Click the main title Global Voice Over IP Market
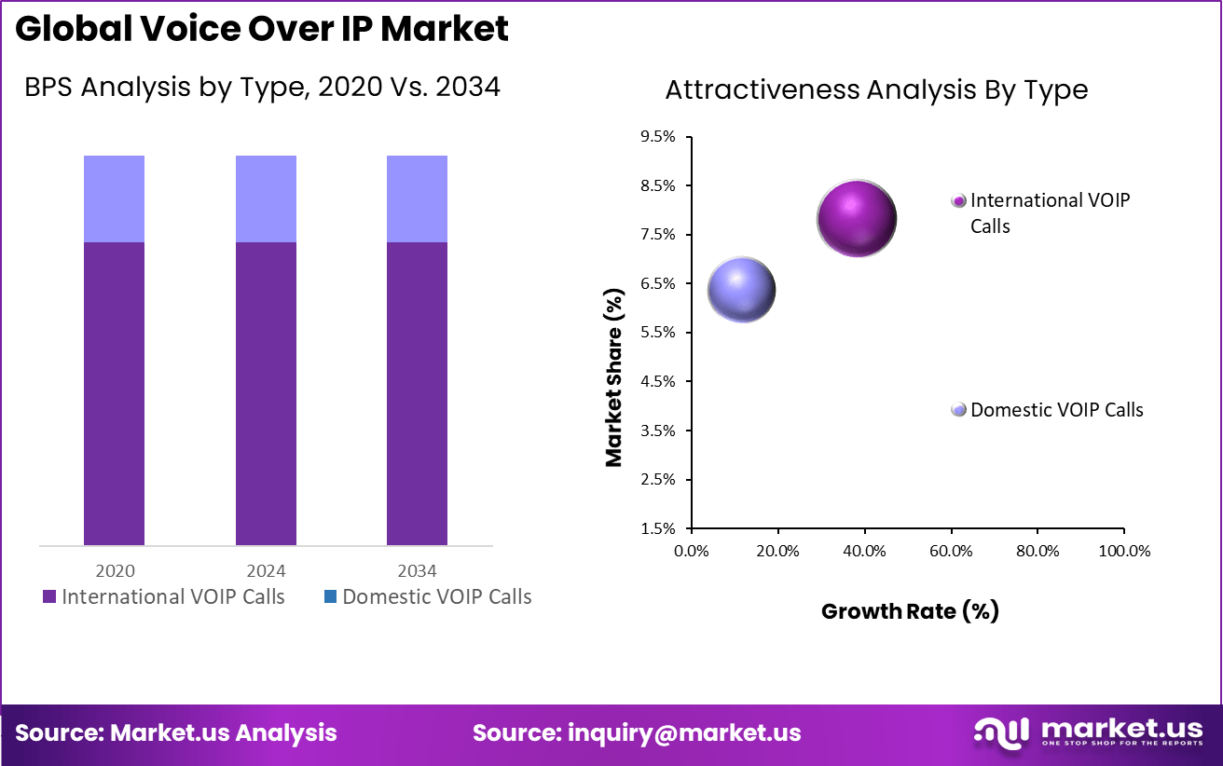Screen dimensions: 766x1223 point(262,29)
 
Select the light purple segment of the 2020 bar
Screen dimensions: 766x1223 point(114,198)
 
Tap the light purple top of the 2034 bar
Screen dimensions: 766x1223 point(417,198)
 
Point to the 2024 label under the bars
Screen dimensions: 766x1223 point(266,571)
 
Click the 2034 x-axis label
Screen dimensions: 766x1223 point(417,571)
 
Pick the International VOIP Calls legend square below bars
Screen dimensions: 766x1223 point(49,597)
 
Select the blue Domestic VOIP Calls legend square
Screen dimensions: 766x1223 point(330,597)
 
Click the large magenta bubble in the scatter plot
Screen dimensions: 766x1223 point(857,219)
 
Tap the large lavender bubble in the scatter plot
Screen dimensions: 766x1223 point(742,290)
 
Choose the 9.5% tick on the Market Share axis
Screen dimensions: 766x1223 point(658,137)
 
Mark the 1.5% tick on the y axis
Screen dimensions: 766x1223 point(658,528)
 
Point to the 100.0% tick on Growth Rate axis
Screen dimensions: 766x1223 point(1124,551)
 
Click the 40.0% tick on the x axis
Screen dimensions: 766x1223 point(864,551)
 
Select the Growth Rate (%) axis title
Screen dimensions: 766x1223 point(910,611)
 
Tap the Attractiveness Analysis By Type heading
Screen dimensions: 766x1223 point(876,89)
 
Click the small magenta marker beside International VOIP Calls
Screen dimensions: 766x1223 point(958,200)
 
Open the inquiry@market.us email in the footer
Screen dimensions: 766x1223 point(684,732)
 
